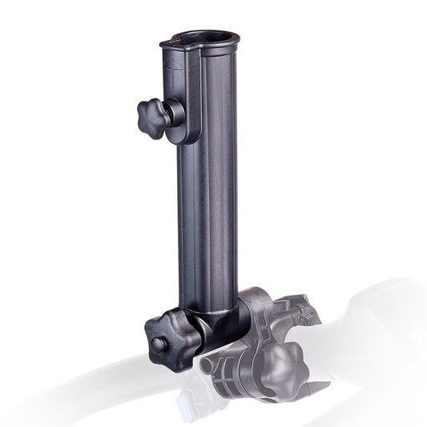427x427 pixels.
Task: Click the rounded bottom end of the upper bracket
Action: coord(185,136)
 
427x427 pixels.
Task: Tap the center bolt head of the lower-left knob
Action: coord(159,345)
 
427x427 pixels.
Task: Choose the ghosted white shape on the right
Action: coord(377,320)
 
